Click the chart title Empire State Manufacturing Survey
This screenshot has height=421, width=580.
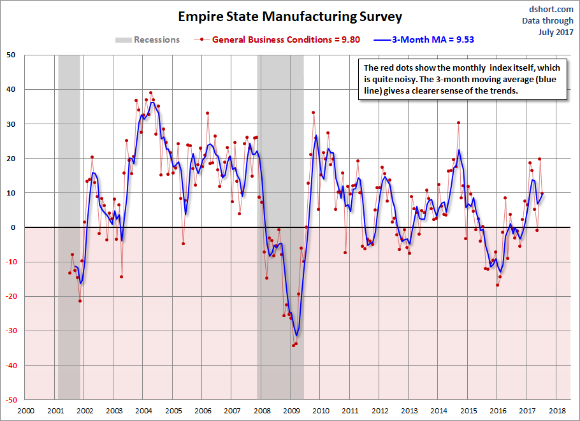coord(290,16)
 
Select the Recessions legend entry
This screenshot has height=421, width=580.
coord(147,39)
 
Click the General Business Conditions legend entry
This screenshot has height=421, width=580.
coord(280,39)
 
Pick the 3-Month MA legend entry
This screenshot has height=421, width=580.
coord(427,39)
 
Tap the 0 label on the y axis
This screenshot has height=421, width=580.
coord(14,227)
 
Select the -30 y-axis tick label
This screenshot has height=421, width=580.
coord(11,331)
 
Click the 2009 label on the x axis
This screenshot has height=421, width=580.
coord(291,411)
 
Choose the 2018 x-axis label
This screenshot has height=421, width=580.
coord(557,411)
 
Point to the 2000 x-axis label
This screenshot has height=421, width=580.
coord(25,411)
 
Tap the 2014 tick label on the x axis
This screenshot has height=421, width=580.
coord(439,411)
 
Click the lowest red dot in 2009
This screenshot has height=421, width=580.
coord(293,345)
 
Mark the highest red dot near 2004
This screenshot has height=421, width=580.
coord(150,93)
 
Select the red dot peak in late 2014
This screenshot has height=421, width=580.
coord(458,123)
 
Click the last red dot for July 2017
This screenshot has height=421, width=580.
coord(542,194)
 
